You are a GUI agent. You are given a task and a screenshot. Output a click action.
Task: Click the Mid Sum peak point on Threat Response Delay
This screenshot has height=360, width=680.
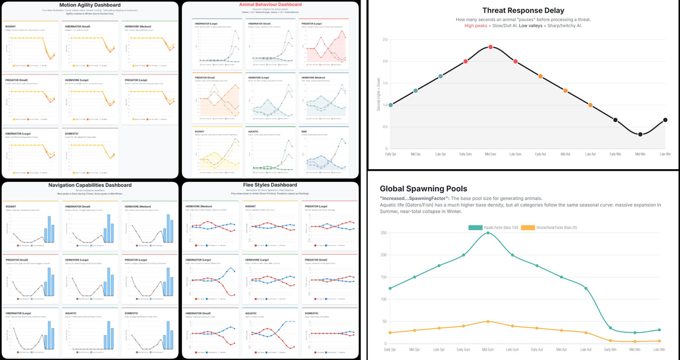click(490, 47)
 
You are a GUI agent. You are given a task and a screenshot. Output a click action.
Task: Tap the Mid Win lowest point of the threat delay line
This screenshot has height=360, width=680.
click(640, 135)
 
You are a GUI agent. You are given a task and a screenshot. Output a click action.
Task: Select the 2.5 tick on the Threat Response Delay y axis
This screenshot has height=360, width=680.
click(384, 39)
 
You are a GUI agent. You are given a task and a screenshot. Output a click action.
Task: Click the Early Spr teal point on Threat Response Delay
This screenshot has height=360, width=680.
click(391, 105)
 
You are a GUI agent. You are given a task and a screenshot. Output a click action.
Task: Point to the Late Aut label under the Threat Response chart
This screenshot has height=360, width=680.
click(590, 154)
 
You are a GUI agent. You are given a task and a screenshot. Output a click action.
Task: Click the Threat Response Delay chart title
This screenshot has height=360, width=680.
click(523, 11)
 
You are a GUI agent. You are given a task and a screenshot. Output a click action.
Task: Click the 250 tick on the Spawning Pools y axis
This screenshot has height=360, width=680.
click(383, 233)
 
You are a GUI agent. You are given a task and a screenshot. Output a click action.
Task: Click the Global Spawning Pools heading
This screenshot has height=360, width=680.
click(424, 188)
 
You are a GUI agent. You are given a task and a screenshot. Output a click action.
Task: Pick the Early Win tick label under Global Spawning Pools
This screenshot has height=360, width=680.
click(610, 349)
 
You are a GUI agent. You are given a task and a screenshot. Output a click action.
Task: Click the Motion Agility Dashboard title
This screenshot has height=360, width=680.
click(89, 5)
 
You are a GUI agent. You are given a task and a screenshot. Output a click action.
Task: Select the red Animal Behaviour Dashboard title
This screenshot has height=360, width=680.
click(270, 5)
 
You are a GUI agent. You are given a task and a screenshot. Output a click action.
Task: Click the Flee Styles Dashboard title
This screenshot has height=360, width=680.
click(270, 185)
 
